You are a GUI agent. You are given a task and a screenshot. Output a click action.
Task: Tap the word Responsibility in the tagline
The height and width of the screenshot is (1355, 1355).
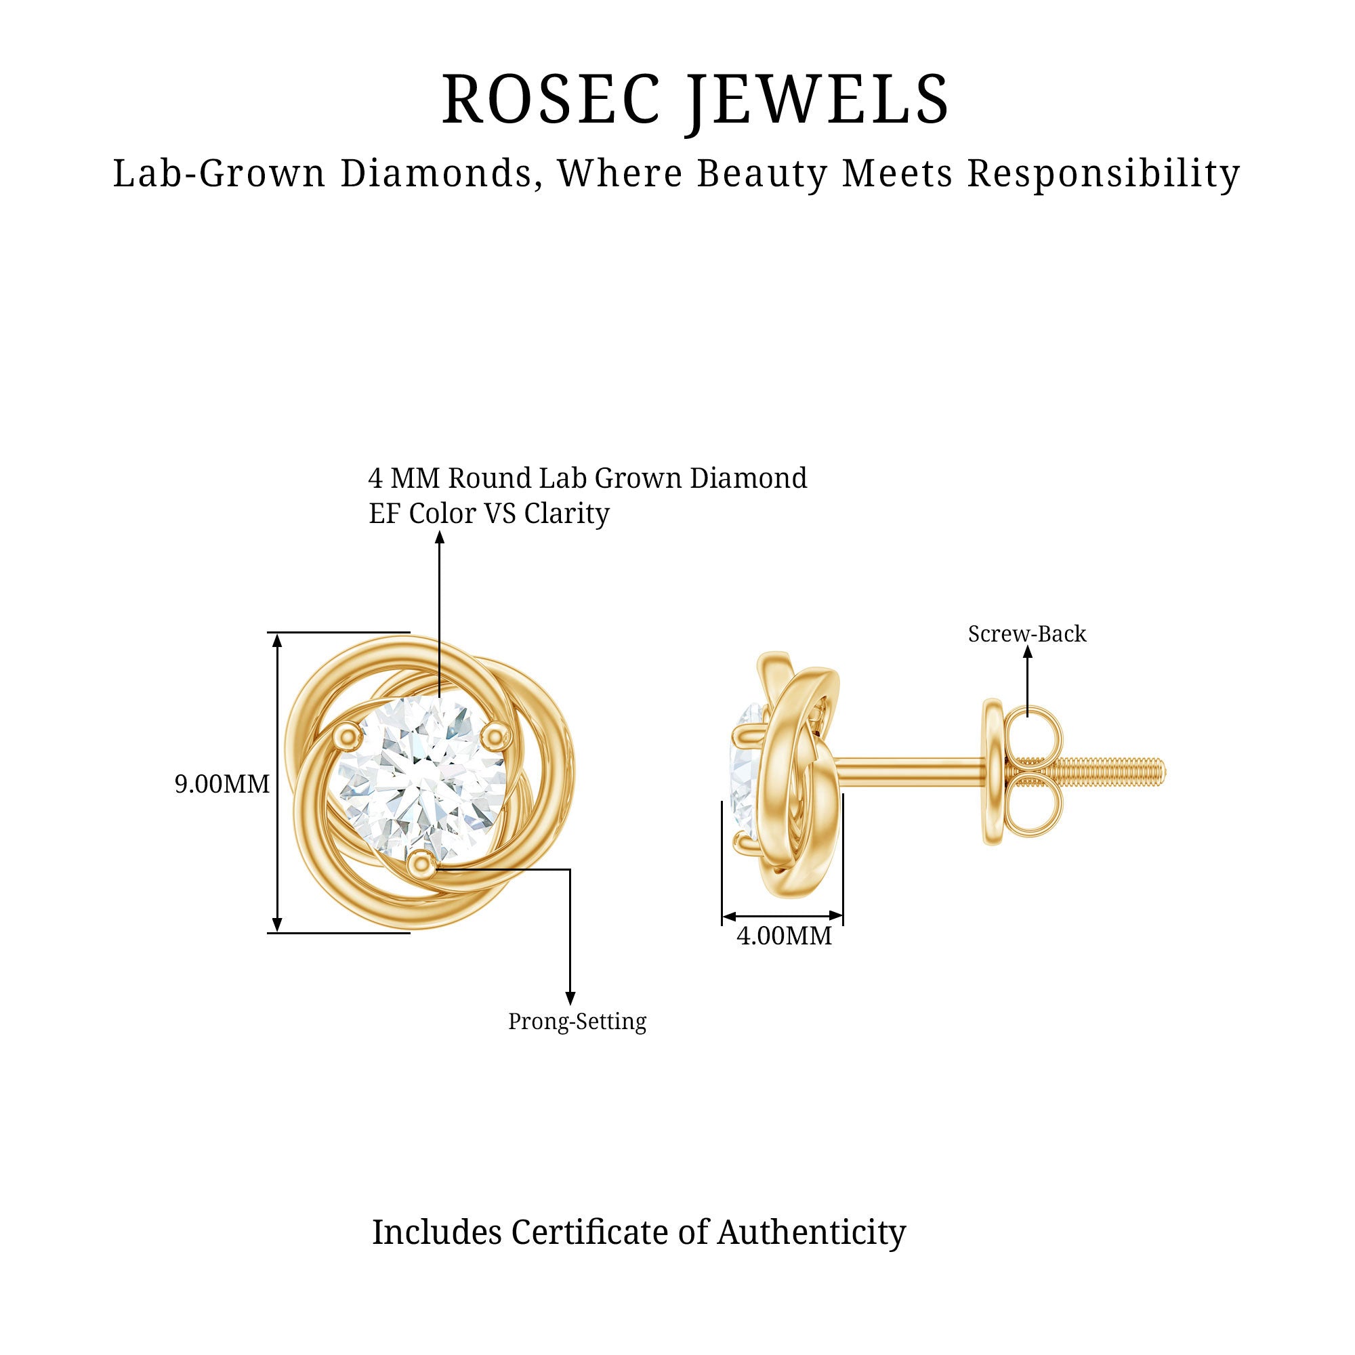tap(1104, 174)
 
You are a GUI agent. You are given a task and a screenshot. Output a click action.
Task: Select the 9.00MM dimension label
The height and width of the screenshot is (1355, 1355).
tap(222, 784)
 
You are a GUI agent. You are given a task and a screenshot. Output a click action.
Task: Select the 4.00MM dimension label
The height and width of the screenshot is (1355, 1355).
tap(784, 936)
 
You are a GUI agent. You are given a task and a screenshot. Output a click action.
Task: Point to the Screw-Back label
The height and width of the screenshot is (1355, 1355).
tap(1027, 634)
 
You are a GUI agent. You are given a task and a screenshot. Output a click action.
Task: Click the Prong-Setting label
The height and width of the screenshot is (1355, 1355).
tap(577, 1022)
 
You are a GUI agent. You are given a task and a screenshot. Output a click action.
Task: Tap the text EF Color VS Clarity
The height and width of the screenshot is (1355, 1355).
tap(489, 514)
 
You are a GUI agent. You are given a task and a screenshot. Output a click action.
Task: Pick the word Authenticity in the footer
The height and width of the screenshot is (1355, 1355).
tap(812, 1233)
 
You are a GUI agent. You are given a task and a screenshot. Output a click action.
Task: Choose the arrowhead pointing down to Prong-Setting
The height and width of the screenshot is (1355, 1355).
tap(570, 999)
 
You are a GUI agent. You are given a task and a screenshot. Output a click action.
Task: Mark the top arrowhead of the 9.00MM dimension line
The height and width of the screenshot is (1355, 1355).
tap(278, 640)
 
